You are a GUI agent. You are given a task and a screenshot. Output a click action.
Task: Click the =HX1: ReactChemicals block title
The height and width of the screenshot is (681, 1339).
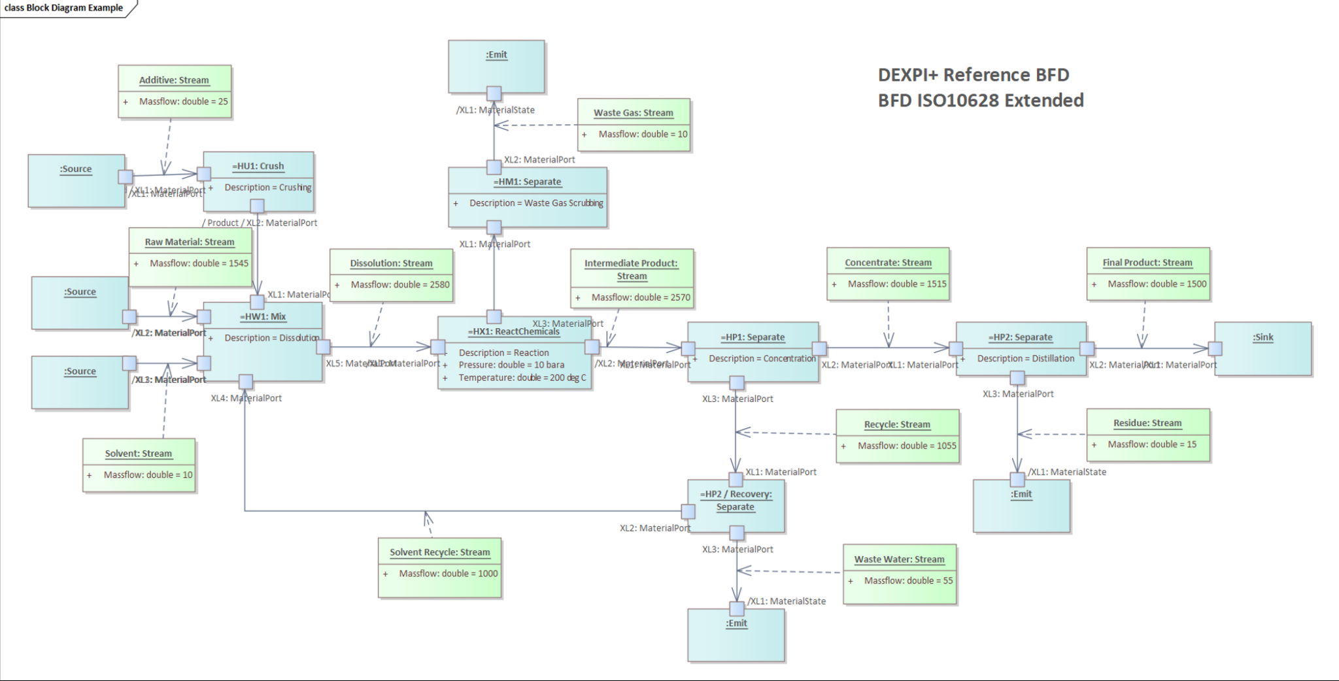coord(513,331)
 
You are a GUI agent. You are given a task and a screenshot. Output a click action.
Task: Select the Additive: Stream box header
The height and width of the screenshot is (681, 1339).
coord(174,80)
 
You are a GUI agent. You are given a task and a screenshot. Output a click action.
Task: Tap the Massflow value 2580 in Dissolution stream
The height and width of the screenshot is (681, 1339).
coord(400,284)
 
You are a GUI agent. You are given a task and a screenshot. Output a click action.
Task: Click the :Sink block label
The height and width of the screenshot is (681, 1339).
coord(1263,337)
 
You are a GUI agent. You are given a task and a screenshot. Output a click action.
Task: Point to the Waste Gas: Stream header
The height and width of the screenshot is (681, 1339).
coord(633,112)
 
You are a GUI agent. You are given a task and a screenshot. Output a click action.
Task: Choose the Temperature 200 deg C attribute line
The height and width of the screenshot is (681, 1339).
coord(522,378)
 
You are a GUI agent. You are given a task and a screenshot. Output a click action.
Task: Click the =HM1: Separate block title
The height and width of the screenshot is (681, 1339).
coord(527,182)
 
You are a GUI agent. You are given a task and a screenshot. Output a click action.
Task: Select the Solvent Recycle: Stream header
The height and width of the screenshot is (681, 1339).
coord(439,552)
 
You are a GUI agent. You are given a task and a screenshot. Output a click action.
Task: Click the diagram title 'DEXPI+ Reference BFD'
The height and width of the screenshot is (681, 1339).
coord(973,75)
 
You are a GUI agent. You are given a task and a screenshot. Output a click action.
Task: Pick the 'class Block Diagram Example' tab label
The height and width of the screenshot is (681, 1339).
coord(63,8)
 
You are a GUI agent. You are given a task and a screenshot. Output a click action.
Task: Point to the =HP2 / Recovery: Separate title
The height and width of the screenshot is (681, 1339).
coord(736,500)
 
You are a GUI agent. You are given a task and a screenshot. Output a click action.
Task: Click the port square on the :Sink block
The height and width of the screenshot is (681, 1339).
coord(1215,348)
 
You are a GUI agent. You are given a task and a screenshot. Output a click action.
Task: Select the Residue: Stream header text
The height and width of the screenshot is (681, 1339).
coord(1147,423)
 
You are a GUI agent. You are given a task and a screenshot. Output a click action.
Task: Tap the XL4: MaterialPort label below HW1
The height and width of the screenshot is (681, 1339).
coord(246,398)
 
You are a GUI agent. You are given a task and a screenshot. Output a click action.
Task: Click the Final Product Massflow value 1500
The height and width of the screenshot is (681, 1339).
coord(1157,284)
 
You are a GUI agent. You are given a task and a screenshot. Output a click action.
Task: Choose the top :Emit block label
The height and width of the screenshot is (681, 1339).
coord(496,55)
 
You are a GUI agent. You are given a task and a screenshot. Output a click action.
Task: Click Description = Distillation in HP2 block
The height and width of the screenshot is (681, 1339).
coord(1025,358)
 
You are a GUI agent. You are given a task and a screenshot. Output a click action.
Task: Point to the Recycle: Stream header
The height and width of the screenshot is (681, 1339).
coord(896,424)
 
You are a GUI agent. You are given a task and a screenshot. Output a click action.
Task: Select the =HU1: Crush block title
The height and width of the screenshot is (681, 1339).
coord(258,166)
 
